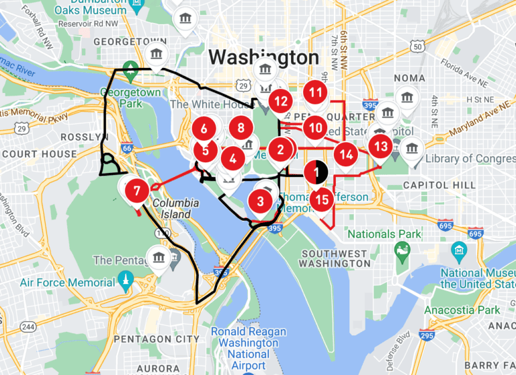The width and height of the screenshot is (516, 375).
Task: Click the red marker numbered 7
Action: tap(137, 191)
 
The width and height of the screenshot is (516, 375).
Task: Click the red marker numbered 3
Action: tap(260, 201)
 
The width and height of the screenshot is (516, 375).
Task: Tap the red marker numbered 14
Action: tap(346, 154)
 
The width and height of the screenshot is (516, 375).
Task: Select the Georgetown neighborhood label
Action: tap(130, 41)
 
